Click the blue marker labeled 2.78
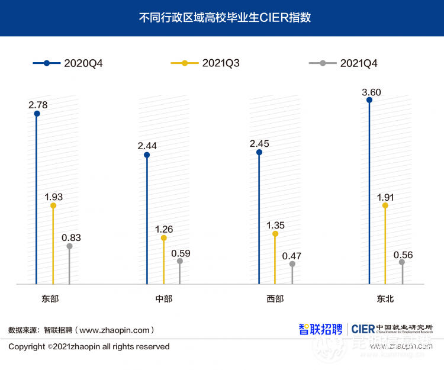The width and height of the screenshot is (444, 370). [x=37, y=114]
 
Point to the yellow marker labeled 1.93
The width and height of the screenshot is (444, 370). [x=53, y=206]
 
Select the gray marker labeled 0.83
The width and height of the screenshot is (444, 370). [x=69, y=246]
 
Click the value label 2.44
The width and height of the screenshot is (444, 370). [x=147, y=146]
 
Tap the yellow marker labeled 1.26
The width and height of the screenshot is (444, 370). [x=164, y=238]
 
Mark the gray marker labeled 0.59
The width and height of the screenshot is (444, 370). [x=180, y=261]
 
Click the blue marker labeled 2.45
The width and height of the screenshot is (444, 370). [x=259, y=152]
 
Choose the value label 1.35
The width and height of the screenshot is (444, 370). [x=276, y=225]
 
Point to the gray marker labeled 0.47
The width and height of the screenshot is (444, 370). [x=292, y=264]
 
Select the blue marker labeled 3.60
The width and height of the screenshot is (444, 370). [x=369, y=100]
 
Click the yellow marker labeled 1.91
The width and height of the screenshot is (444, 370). [x=385, y=206]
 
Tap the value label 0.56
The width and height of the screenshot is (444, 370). [x=403, y=255]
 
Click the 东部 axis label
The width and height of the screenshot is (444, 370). [x=50, y=299]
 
